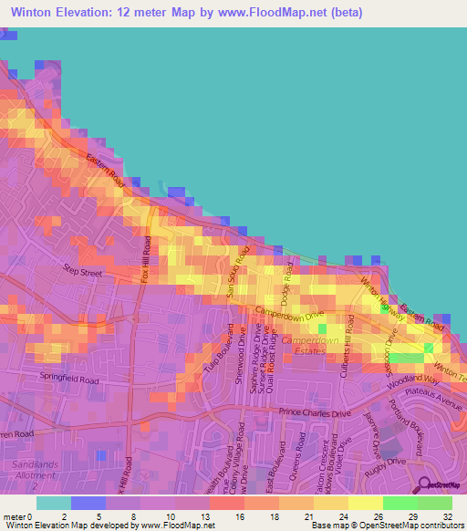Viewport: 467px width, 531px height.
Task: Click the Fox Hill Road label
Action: click(x=146, y=259)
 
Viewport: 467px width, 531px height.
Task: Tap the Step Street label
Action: click(x=82, y=270)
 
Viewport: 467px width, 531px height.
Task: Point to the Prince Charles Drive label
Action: click(x=315, y=412)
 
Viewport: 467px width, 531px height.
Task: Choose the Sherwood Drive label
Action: click(x=243, y=357)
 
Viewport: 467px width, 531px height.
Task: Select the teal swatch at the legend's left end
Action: click(x=53, y=503)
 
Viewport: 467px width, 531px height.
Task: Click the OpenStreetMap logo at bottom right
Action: click(x=439, y=484)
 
